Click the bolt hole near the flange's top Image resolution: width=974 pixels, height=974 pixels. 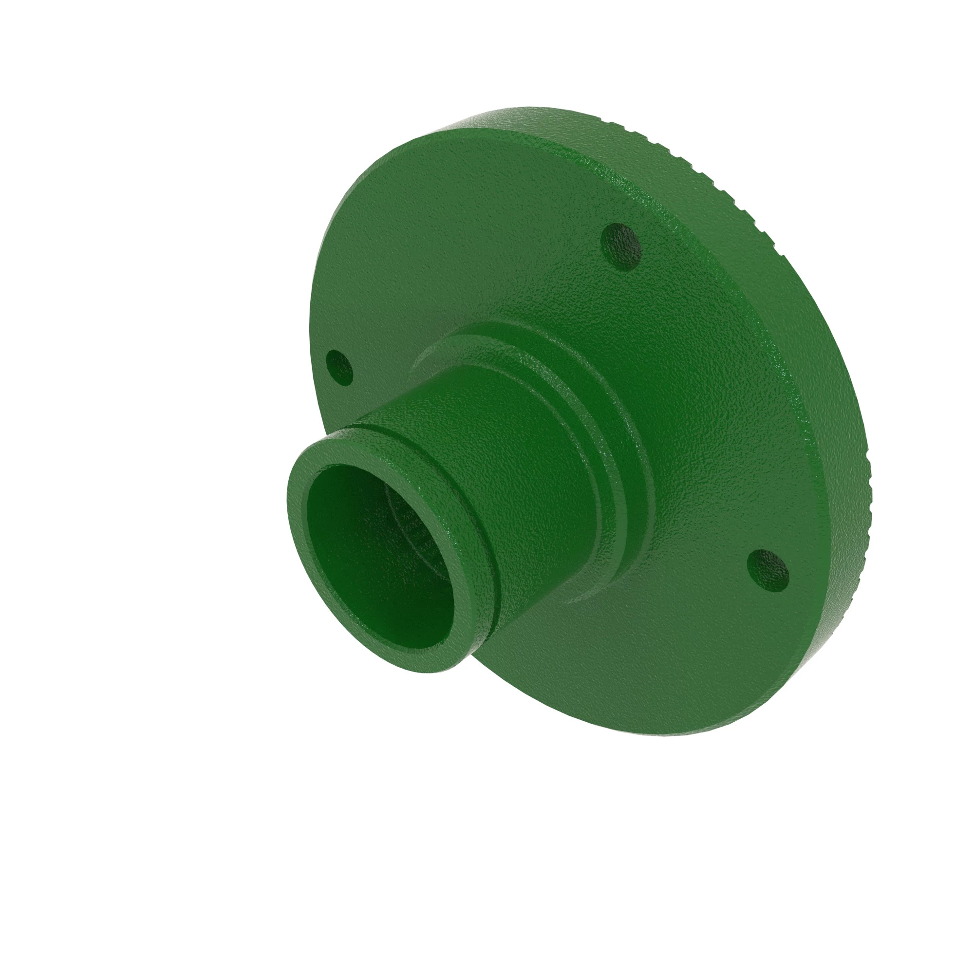coord(621,246)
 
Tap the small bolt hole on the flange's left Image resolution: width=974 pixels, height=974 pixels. coord(339,368)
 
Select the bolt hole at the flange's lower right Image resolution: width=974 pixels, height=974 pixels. coord(768,570)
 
